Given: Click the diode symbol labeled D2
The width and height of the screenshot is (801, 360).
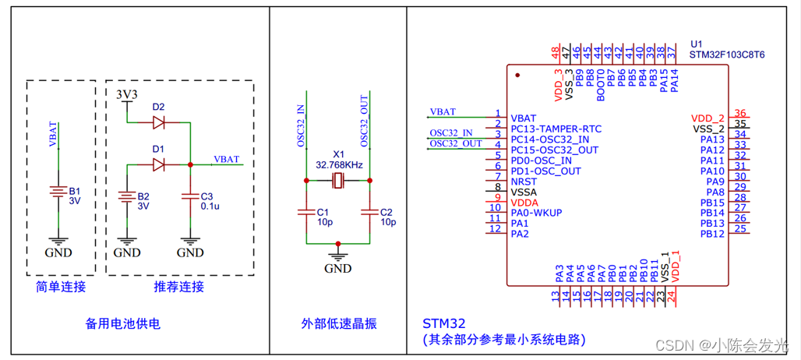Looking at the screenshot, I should coord(159,122).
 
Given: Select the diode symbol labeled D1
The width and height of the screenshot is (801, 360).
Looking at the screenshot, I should coord(159,164).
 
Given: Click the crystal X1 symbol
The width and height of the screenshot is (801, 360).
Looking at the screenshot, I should coord(337,181).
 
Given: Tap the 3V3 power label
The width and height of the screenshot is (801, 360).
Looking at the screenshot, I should coord(126,94).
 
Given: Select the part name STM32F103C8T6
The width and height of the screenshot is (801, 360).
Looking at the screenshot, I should coord(728,55).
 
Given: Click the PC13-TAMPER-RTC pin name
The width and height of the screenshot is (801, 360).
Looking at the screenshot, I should coord(556,129).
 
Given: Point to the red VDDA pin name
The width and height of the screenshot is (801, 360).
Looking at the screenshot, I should coord(524,202).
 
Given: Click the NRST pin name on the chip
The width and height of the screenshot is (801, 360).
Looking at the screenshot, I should coord(524,181).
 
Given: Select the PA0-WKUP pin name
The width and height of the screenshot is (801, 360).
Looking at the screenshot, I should coord(536,212).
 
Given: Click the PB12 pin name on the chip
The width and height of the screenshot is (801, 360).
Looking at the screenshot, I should coord(712,234).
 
